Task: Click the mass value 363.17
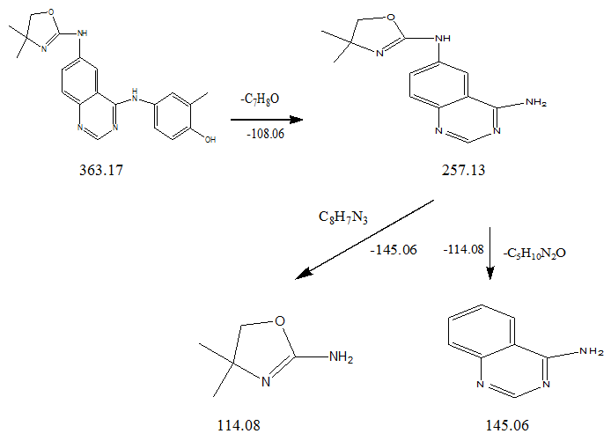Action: pos(101,170)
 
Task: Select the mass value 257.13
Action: pos(463,170)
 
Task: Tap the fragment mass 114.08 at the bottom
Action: pos(239,425)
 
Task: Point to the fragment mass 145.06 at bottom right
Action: pos(507,425)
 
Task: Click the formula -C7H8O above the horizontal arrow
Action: pos(260,99)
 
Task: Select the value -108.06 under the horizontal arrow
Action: pos(265,134)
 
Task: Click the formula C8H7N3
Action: pos(342,217)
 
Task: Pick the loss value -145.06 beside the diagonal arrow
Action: pos(394,249)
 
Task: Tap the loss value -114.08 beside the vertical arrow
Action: pos(463,249)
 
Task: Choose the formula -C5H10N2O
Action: pos(534,254)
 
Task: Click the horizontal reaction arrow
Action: pos(267,119)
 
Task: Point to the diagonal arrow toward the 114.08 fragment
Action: pos(364,240)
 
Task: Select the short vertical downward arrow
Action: pos(490,254)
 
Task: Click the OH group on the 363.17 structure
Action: pos(210,139)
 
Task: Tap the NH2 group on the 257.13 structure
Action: pos(536,103)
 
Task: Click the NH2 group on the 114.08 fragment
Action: pos(342,356)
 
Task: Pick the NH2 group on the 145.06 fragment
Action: pos(592,351)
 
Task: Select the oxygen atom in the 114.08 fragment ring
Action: pos(280,321)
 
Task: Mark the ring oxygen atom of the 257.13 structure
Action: pos(391,18)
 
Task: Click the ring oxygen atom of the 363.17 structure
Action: pos(51,11)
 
